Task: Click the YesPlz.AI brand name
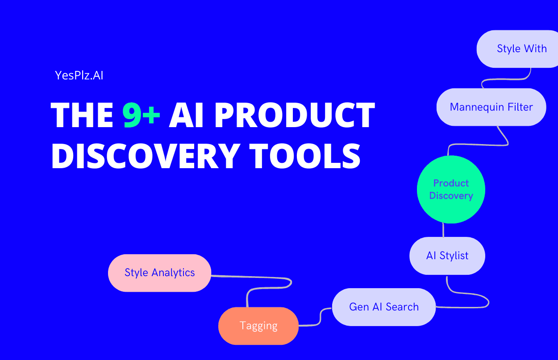(79, 75)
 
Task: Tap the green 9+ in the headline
(142, 115)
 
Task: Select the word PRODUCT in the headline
(294, 115)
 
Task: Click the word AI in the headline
(186, 115)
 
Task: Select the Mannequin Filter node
(491, 107)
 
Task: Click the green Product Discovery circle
(451, 190)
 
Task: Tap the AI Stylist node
(447, 256)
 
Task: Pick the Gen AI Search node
(384, 307)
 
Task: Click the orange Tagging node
(258, 326)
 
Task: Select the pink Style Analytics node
(159, 273)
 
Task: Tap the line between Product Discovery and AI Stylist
(443, 230)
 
